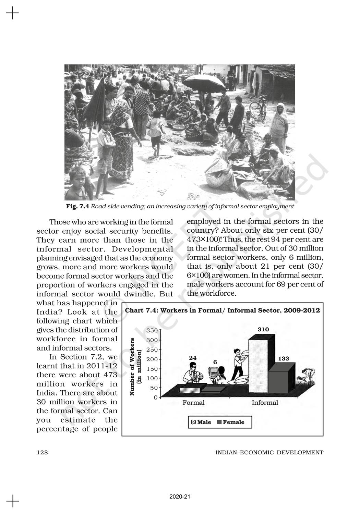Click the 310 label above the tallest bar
(263, 330)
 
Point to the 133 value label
(284, 358)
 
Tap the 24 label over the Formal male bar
(193, 358)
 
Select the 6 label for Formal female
(215, 362)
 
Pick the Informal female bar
(279, 382)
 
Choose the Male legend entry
(201, 422)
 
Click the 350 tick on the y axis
(152, 331)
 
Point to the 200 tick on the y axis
(152, 359)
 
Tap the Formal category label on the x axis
(193, 403)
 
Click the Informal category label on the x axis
(265, 403)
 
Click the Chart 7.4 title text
(223, 310)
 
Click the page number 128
(42, 453)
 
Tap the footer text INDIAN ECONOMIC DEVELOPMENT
(269, 453)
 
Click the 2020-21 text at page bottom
(180, 497)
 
